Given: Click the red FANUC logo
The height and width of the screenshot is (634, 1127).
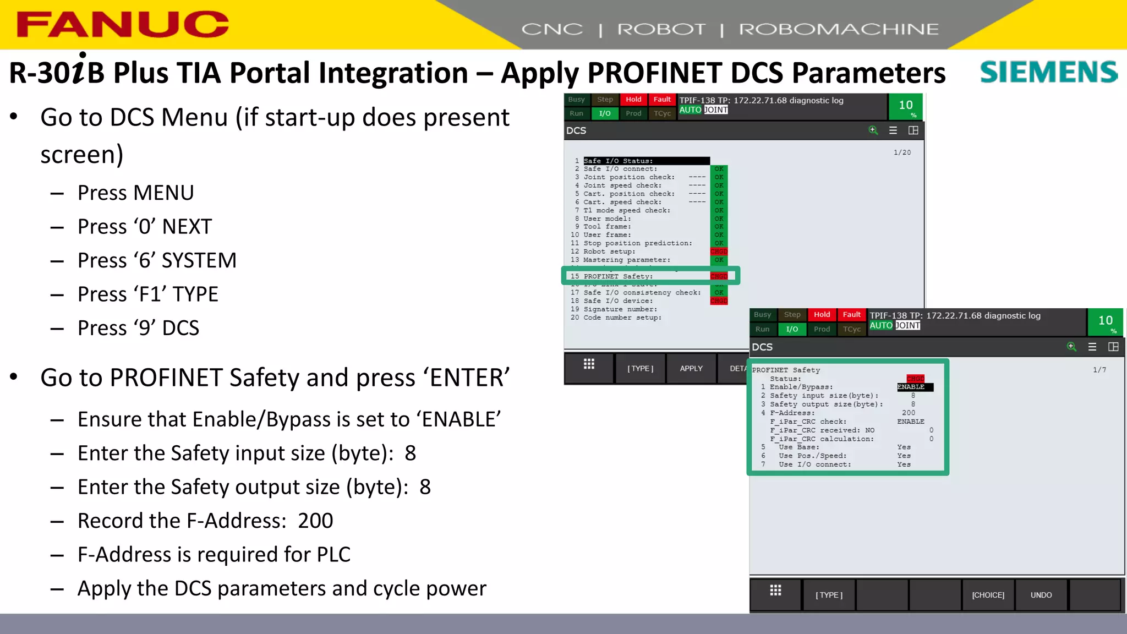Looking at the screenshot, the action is coord(122,24).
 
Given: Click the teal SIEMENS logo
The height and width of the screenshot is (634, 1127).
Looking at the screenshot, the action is coord(1048,72).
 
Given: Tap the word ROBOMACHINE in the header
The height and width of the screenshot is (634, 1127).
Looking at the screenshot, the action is coord(838,29).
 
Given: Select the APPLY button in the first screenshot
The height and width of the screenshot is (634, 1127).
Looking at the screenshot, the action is coord(691,368).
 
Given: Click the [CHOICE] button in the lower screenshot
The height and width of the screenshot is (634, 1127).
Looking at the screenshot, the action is coord(988,595).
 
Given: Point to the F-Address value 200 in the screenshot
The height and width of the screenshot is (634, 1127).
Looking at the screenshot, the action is coord(909,413).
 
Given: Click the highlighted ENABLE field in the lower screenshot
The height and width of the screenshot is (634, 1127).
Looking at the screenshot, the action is coord(914,387).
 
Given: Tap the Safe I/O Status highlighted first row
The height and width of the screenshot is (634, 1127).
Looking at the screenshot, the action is coord(645,161).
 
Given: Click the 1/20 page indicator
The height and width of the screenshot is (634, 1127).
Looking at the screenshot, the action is coord(902,152).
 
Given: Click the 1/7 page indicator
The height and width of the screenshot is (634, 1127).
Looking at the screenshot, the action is coord(1099,370).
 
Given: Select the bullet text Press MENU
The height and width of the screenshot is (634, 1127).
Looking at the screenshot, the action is coord(135,193).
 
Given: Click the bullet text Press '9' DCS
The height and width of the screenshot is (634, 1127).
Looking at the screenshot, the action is coord(138,328).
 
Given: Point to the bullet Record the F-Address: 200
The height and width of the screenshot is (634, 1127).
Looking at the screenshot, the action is coord(205,521).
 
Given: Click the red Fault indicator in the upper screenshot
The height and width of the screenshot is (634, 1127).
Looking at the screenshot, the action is coord(662,100).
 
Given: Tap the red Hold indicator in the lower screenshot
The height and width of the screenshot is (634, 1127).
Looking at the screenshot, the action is coord(822,315).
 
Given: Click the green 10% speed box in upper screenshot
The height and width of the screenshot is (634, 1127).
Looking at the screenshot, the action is coord(906,107).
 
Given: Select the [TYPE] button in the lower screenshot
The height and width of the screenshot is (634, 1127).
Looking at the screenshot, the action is coord(829,595).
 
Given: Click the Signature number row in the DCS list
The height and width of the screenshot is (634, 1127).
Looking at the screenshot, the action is coord(620,309).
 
